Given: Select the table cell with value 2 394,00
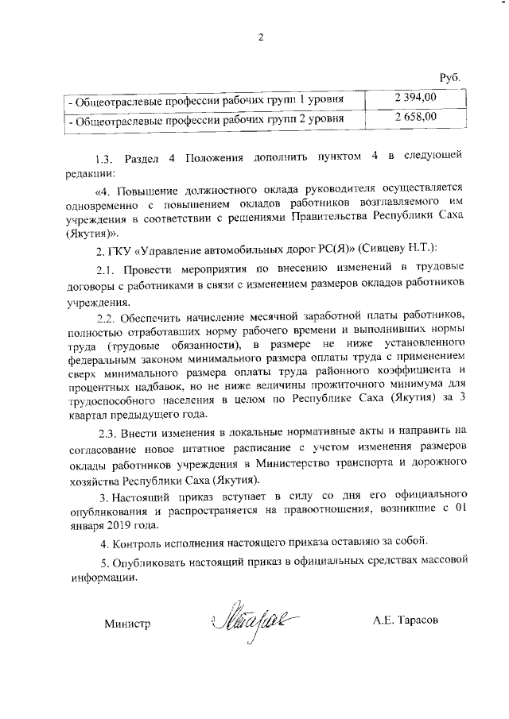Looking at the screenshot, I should [414, 98].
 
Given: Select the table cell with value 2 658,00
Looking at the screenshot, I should [414, 118].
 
